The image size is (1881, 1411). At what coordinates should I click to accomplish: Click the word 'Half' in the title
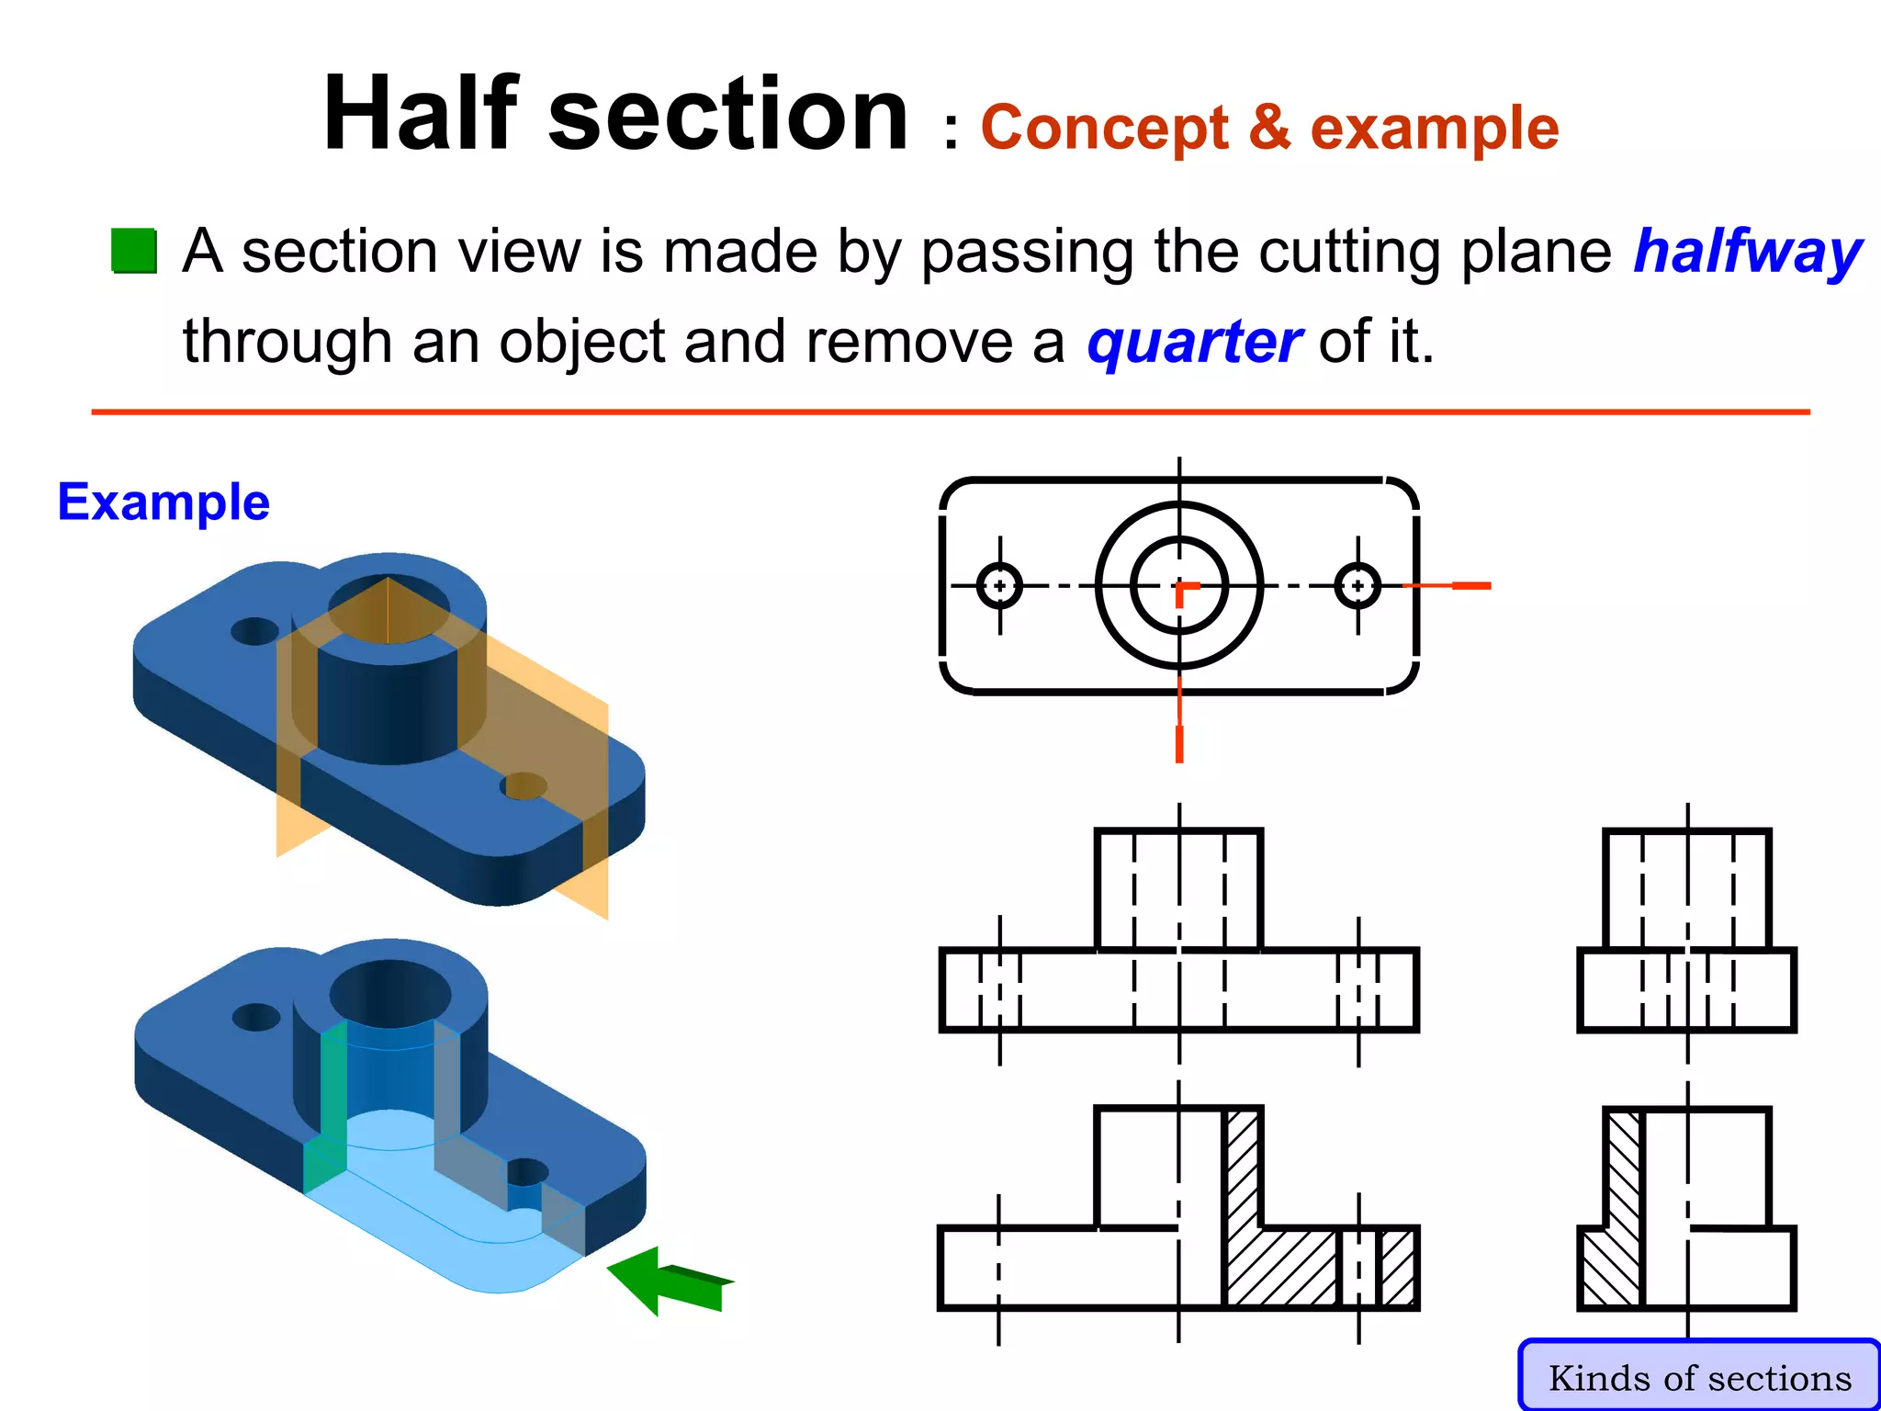click(x=421, y=114)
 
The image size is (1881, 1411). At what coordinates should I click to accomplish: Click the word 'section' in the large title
click(x=727, y=114)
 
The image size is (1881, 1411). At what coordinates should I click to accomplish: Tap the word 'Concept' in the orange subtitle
click(x=1104, y=128)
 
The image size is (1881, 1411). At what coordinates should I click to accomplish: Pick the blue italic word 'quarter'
click(x=1193, y=341)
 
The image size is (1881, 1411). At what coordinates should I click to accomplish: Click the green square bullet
click(x=134, y=251)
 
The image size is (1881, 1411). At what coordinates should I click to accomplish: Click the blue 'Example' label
click(x=163, y=502)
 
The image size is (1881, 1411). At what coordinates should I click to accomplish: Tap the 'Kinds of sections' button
click(x=1699, y=1377)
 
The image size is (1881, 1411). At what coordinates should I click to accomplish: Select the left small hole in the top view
click(x=999, y=585)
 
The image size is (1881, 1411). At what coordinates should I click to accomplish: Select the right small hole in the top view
click(x=1357, y=585)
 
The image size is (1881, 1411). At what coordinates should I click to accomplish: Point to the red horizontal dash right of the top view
click(x=1470, y=585)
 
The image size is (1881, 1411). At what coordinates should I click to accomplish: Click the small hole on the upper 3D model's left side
click(x=254, y=631)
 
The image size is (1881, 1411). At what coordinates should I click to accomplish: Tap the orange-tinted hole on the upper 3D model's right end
click(x=524, y=786)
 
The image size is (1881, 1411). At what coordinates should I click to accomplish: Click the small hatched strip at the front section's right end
click(x=1398, y=1268)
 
